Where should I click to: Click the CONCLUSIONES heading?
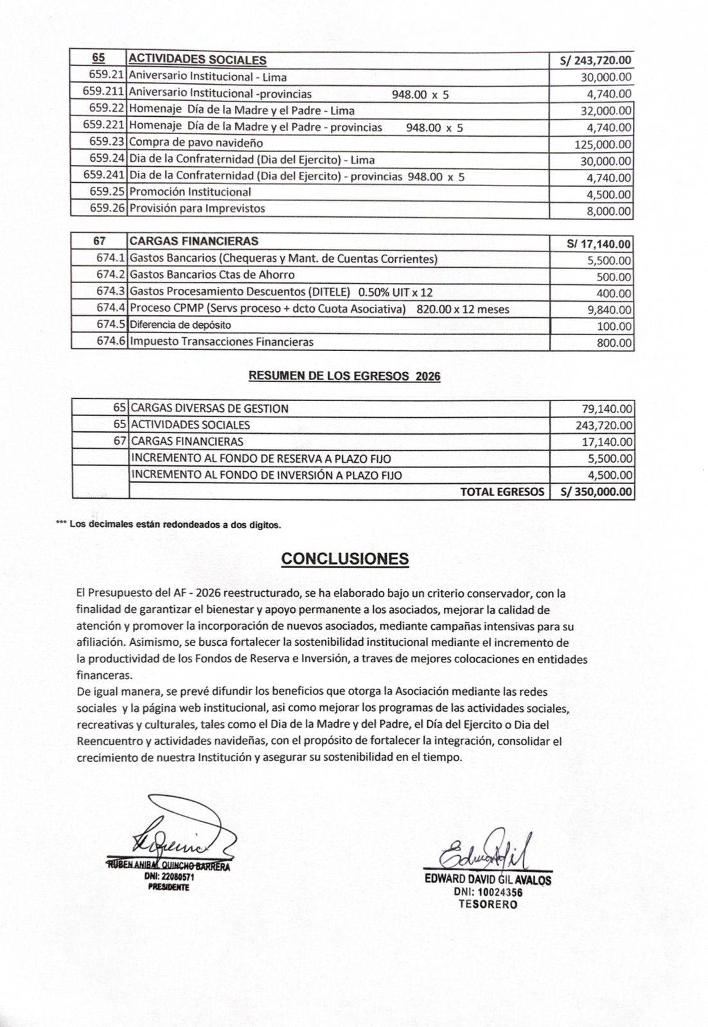[345, 558]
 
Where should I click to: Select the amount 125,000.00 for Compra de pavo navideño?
[602, 144]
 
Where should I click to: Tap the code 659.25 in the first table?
[106, 192]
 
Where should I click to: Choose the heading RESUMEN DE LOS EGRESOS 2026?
[344, 376]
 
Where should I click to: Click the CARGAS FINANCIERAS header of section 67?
[193, 241]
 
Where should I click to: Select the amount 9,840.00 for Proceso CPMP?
[606, 310]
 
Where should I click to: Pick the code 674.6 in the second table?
[111, 341]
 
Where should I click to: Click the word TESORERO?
[488, 904]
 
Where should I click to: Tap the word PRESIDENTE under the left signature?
[168, 887]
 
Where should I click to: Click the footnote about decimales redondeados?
[168, 524]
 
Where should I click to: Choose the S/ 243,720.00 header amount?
[595, 61]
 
